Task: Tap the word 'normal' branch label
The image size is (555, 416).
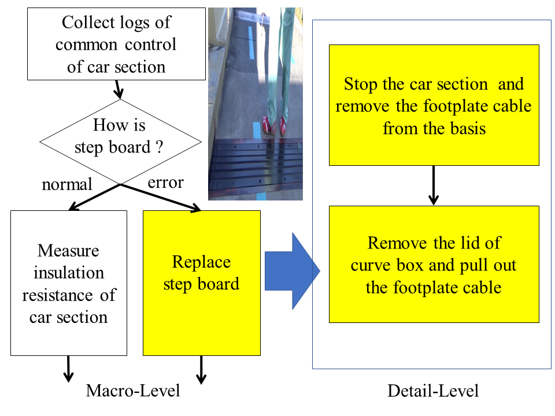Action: coord(67,184)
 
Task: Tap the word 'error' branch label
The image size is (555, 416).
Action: coord(165,183)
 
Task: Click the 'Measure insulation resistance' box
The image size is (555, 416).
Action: coord(69,283)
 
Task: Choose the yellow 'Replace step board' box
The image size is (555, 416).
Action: coord(201,283)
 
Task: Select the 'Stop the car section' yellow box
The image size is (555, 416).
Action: coord(434,105)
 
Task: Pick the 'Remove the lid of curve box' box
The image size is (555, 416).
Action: coord(434,264)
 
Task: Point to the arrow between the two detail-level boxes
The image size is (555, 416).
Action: coord(433,185)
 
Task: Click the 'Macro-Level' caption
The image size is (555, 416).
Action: coord(133,391)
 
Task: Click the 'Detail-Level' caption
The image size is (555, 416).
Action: coord(433,391)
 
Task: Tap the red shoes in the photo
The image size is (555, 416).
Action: coord(274,124)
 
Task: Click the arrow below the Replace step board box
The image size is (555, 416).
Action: coord(201,369)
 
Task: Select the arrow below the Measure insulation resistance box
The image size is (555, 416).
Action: coord(68,369)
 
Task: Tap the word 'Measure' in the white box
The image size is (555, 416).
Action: coord(68,251)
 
